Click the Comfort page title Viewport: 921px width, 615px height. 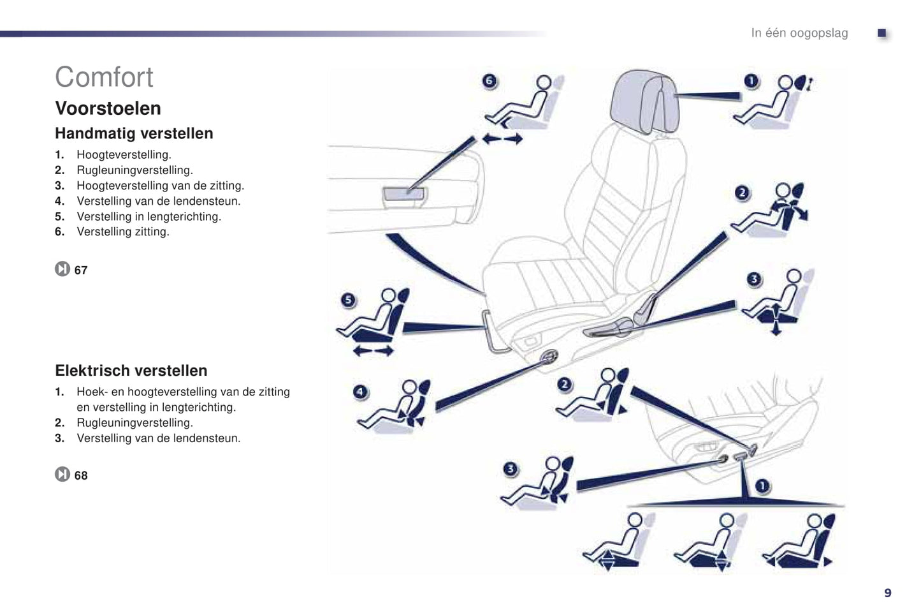[x=104, y=77]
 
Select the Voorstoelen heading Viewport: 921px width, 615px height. [x=108, y=108]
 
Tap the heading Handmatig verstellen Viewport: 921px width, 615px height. [x=134, y=133]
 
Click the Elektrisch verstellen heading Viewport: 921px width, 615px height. [x=131, y=371]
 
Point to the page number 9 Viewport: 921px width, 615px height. [x=887, y=593]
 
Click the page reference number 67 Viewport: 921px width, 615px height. [x=81, y=270]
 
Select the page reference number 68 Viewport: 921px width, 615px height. [x=81, y=476]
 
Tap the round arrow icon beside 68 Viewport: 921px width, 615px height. [x=62, y=475]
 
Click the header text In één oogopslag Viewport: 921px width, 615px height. [x=799, y=33]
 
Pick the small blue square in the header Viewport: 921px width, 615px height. [x=882, y=33]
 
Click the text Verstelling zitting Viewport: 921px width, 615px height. [x=123, y=232]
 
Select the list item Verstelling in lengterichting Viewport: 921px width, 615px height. [x=149, y=217]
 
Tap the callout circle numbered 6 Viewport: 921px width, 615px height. [x=489, y=81]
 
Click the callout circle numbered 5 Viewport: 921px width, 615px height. [x=348, y=300]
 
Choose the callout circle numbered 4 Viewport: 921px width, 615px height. [x=360, y=392]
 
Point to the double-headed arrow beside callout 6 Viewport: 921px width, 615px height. [x=502, y=138]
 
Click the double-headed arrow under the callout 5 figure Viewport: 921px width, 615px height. [x=373, y=351]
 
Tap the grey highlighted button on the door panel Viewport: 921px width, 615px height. [x=403, y=196]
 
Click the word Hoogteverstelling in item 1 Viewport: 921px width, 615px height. [x=124, y=155]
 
